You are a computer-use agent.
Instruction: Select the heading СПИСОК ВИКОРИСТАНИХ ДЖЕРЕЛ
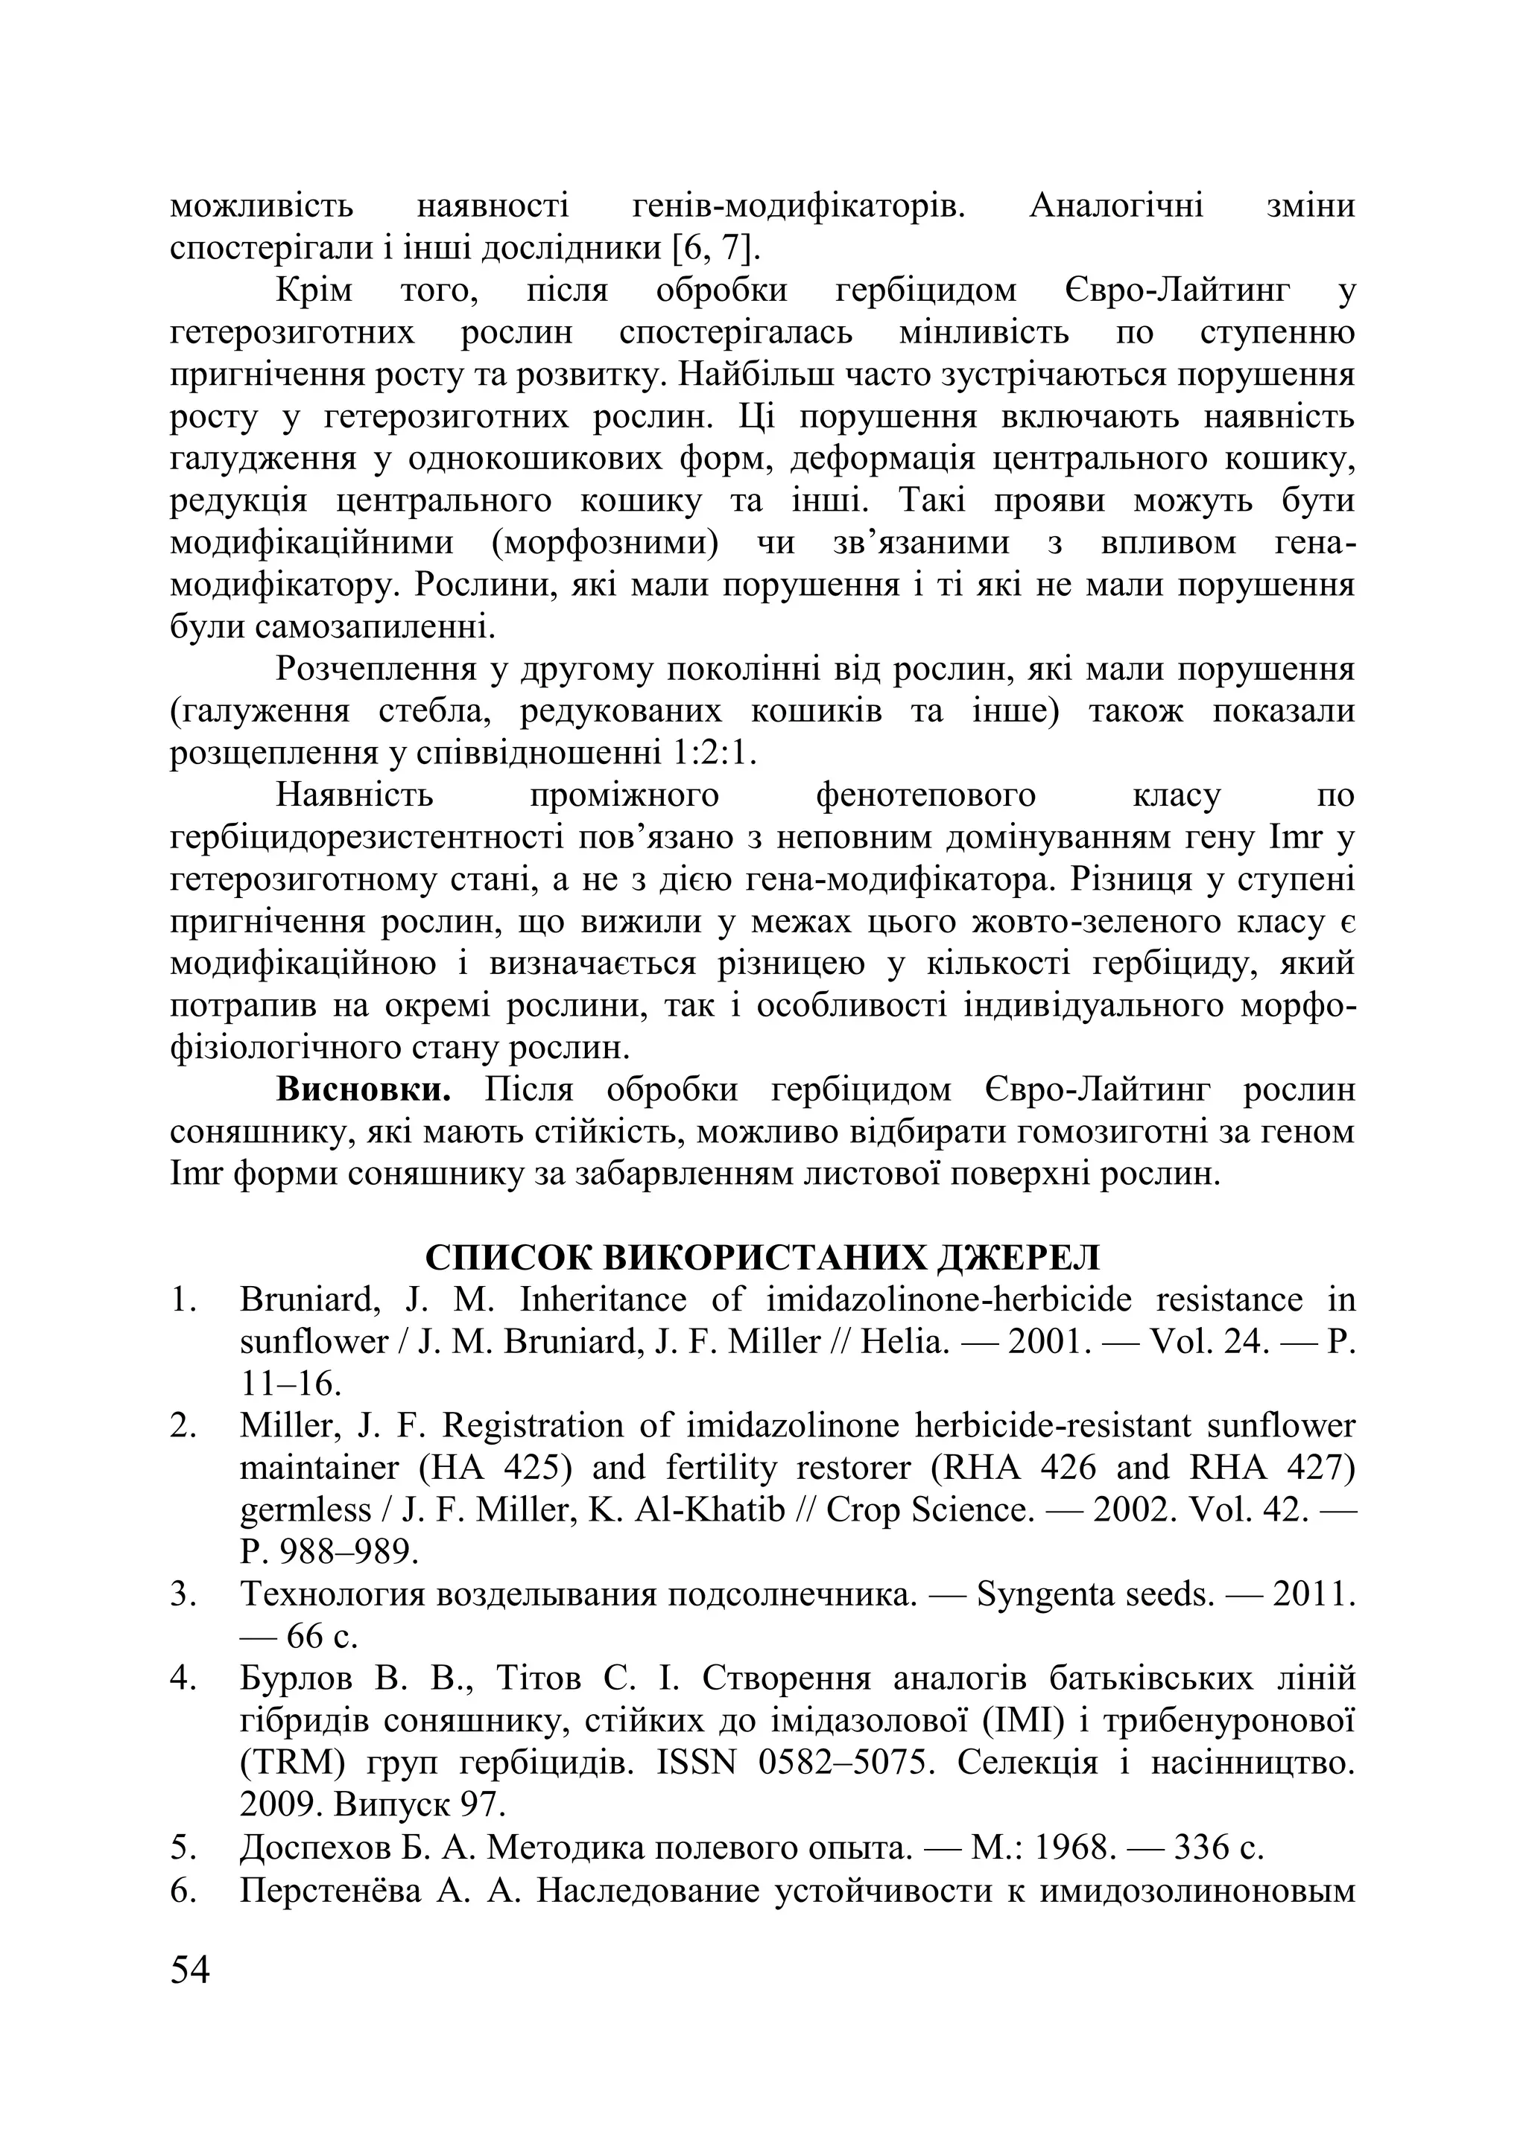762,1257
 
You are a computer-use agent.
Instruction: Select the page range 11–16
290,1384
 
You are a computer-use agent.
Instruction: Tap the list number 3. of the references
183,1594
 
